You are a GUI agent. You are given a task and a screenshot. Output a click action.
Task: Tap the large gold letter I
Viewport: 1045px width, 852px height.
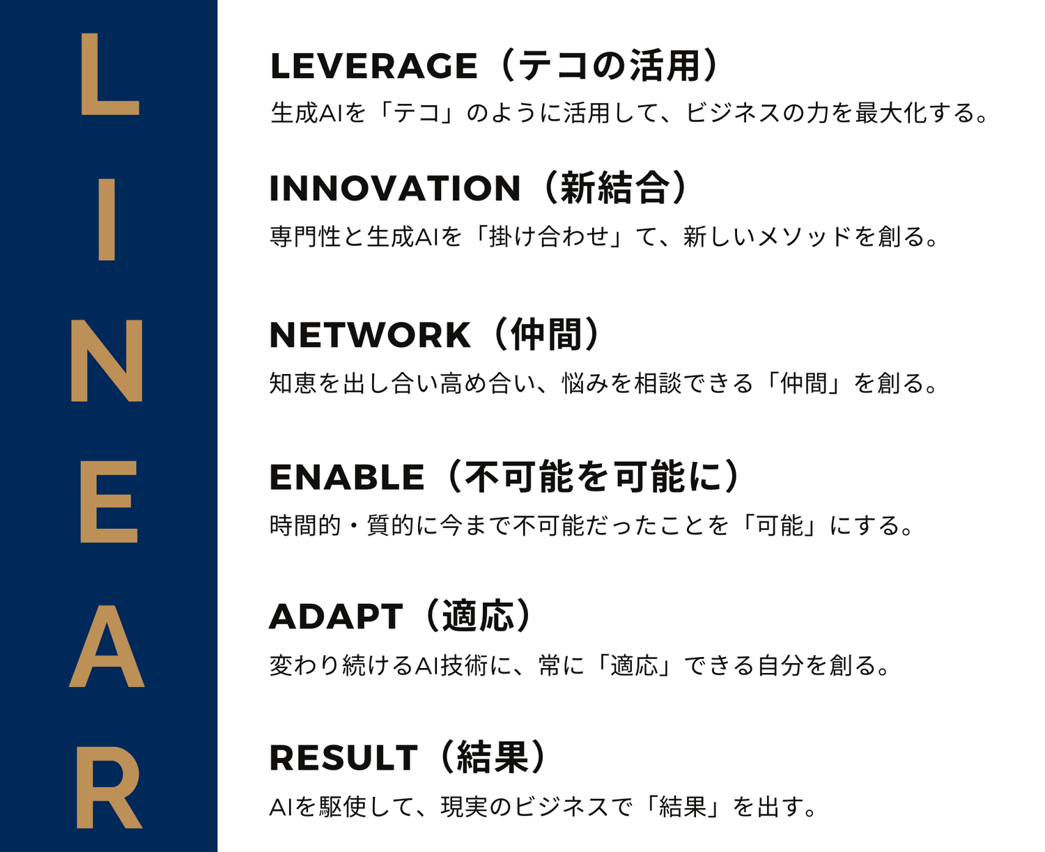pos(107,219)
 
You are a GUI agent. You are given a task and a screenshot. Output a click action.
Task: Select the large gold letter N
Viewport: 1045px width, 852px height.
pos(107,360)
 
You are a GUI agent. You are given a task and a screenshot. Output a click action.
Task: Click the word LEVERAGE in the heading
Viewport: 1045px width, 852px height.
pos(373,66)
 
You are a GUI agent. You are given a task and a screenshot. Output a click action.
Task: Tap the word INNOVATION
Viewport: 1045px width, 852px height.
pos(395,188)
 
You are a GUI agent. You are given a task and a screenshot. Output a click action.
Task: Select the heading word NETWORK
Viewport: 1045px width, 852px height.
pos(370,335)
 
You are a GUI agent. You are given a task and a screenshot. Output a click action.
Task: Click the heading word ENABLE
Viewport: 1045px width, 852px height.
pos(347,477)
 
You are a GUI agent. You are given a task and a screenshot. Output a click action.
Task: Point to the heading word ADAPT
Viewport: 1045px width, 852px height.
pos(336,617)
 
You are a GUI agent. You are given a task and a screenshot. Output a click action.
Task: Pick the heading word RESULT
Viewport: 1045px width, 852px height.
pos(343,758)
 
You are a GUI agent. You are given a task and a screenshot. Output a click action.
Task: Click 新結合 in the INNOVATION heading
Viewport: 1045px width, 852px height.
pos(615,188)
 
